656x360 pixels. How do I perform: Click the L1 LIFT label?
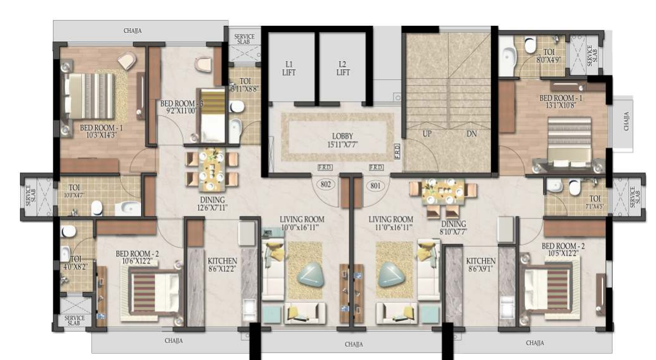(x=290, y=68)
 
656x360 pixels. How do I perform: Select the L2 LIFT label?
(x=342, y=68)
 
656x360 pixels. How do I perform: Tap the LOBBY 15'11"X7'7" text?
(x=342, y=140)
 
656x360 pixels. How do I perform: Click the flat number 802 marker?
(x=326, y=186)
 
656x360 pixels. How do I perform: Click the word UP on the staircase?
(x=427, y=133)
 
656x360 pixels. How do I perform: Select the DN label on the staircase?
(x=472, y=133)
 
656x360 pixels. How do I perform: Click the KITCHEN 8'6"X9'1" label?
(x=480, y=265)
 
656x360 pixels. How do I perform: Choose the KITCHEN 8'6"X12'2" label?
(x=222, y=265)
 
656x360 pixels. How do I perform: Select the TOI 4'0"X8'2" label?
(x=76, y=262)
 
